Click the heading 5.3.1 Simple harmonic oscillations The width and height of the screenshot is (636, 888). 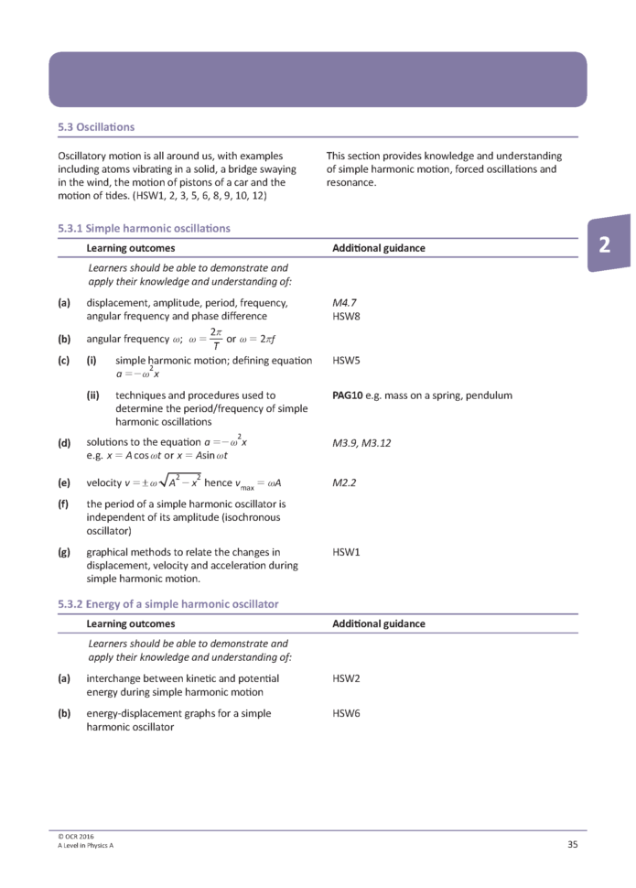point(144,228)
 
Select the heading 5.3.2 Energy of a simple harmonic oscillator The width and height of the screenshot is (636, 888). point(167,604)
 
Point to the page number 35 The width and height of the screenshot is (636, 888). point(572,844)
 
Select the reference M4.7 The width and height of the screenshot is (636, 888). point(344,302)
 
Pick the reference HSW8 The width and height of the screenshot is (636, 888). point(346,316)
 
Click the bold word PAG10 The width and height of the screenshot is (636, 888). point(349,395)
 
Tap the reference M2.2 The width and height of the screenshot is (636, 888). point(344,480)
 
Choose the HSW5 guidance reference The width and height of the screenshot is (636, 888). point(346,361)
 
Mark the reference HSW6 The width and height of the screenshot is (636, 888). point(346,712)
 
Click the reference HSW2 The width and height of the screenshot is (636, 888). point(346,678)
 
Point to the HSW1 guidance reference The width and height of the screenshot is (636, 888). point(346,552)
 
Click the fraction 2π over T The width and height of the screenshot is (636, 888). point(216,338)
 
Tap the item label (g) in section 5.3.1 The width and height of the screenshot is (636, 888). point(64,552)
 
